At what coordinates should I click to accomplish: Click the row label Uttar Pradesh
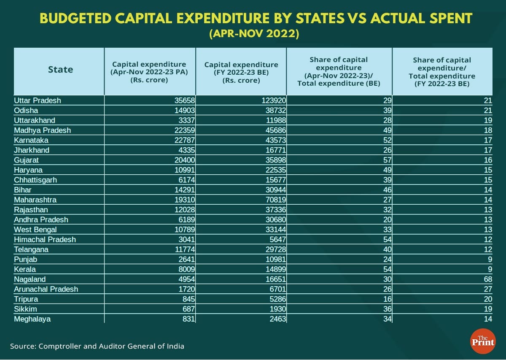(x=38, y=100)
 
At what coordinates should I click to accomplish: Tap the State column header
(x=60, y=70)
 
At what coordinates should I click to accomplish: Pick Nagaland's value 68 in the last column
(x=488, y=279)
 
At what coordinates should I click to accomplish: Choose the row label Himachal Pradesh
(x=45, y=239)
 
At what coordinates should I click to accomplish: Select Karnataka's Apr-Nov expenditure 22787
(x=184, y=140)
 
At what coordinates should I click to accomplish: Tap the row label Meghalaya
(x=32, y=319)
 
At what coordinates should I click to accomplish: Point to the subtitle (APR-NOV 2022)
(x=254, y=34)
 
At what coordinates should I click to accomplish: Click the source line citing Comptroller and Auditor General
(x=97, y=346)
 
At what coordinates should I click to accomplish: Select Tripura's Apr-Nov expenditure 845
(x=188, y=299)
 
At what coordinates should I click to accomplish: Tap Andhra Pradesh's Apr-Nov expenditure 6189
(x=186, y=219)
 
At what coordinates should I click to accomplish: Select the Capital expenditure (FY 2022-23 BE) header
(x=241, y=72)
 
